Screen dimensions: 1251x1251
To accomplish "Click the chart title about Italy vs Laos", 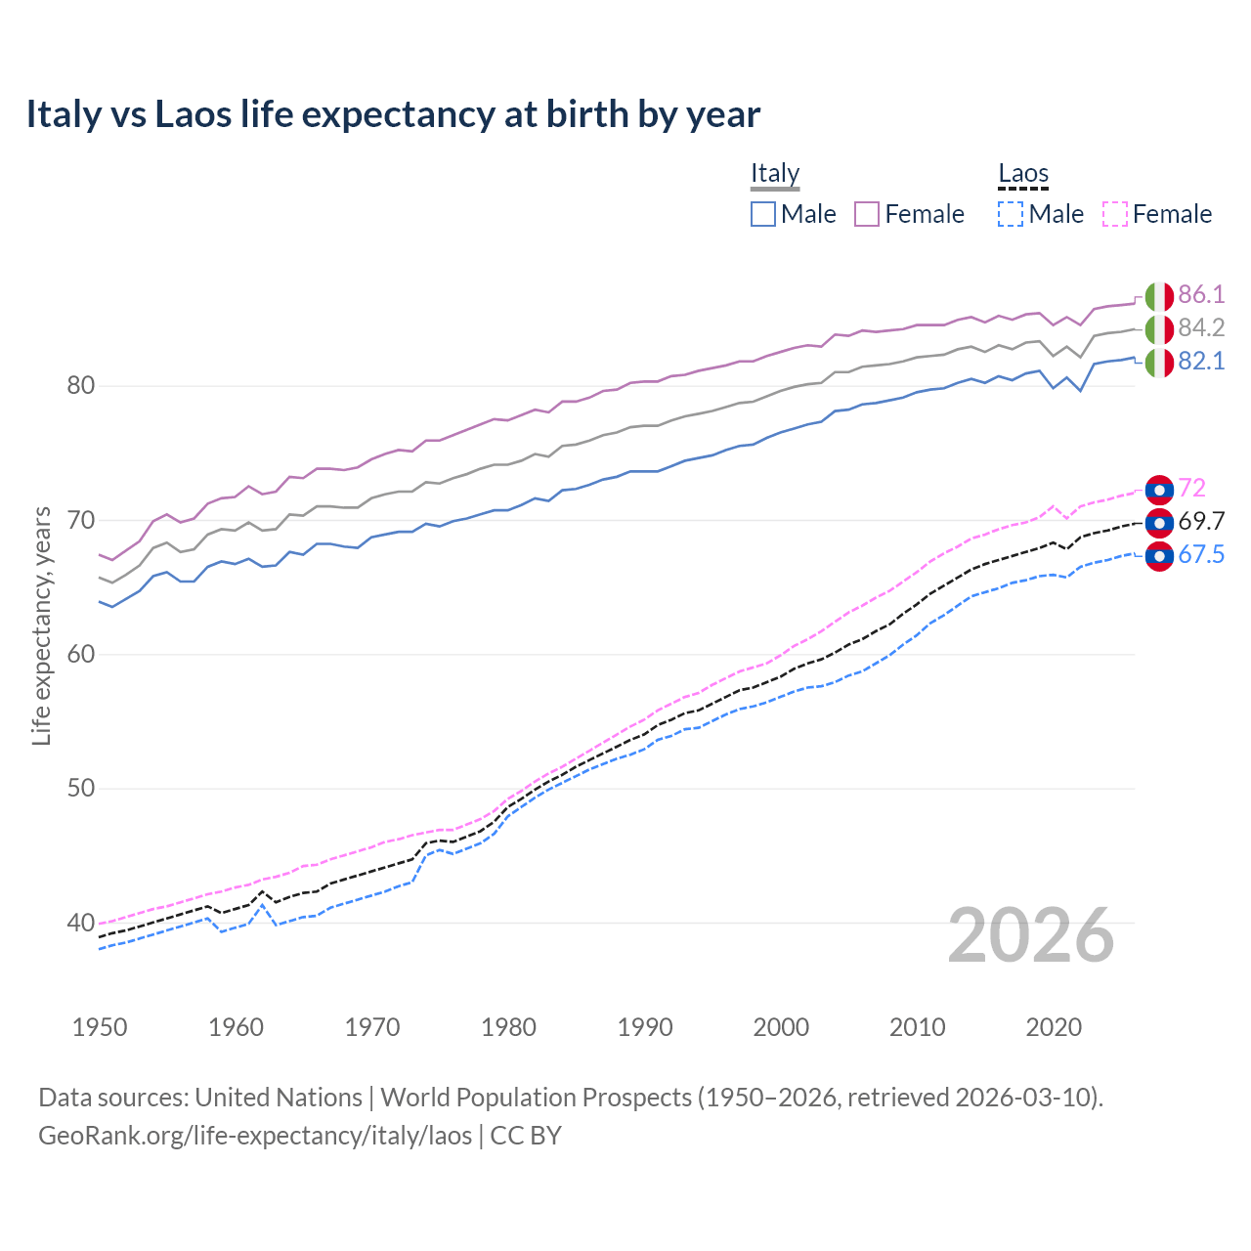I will pos(393,114).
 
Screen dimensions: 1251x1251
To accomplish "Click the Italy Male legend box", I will pos(763,214).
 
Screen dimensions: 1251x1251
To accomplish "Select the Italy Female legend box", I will pos(867,214).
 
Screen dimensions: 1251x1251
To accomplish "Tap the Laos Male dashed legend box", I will pos(1011,214).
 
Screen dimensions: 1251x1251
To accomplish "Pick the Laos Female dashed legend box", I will pos(1115,214).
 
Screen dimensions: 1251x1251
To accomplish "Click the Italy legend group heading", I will pos(775,173).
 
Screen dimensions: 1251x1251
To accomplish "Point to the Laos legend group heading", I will pos(1023,173).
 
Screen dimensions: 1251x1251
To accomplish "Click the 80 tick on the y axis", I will pos(81,386).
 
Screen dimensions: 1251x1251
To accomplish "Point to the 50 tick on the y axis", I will pos(81,789).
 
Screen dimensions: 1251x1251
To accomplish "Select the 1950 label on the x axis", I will pos(100,1027).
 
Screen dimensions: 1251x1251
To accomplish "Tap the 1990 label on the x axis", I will pos(645,1027).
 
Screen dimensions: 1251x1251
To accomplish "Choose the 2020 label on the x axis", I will pos(1054,1027).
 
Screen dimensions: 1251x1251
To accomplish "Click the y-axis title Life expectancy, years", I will pos(41,625).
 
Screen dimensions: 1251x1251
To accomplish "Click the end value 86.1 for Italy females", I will pos(1201,295).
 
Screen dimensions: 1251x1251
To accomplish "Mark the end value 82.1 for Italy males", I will pos(1201,362).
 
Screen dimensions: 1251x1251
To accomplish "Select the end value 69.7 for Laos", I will pos(1201,521).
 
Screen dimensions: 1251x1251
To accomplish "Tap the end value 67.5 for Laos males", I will pos(1201,555).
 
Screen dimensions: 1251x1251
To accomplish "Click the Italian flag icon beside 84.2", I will pos(1159,329).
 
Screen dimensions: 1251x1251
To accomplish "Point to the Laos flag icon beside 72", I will pos(1159,489).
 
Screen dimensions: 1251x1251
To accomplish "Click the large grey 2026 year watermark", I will pos(1031,935).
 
